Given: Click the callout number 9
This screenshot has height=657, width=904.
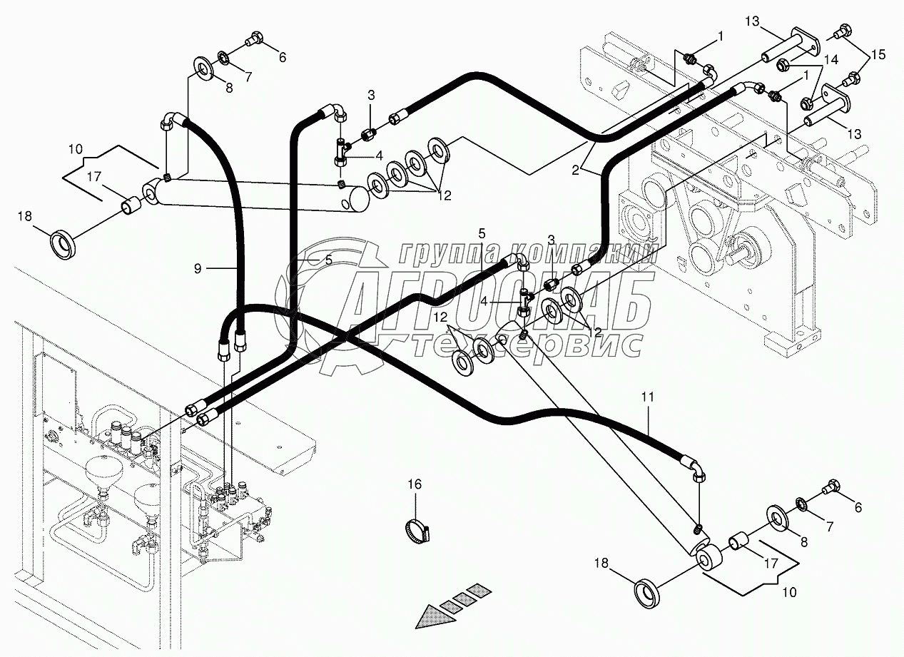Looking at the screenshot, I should [x=198, y=268].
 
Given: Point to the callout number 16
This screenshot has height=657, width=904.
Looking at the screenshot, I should [x=415, y=484].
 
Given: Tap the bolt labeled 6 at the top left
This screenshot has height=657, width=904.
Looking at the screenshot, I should [x=254, y=41].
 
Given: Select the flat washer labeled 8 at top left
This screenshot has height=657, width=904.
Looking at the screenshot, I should [x=205, y=70].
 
